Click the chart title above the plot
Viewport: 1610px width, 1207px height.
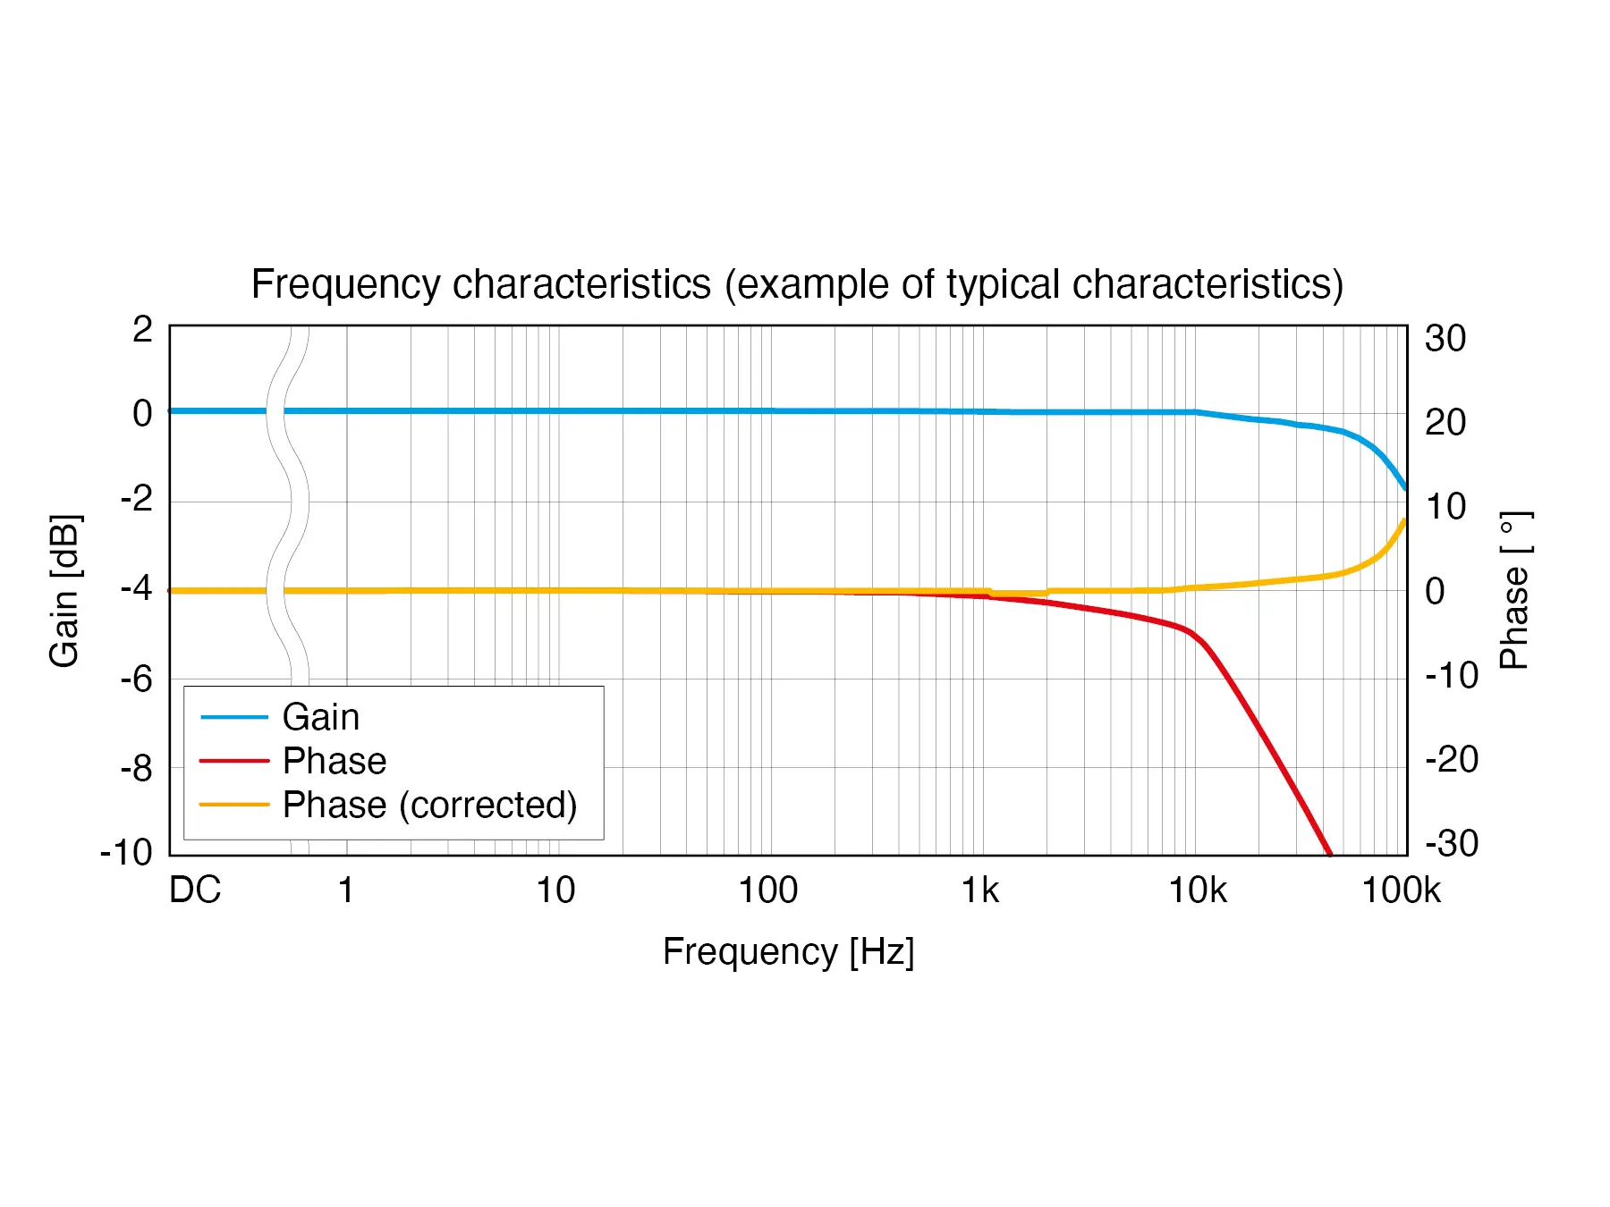(797, 284)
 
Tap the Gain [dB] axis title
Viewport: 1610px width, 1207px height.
(64, 590)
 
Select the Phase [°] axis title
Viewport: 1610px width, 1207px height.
(1515, 590)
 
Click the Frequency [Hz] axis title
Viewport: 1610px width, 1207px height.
(788, 951)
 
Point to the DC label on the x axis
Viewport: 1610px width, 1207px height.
(195, 890)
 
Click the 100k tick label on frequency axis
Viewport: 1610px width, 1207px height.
(1401, 890)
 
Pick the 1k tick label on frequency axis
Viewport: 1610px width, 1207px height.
(979, 890)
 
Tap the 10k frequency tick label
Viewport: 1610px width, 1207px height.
(1198, 890)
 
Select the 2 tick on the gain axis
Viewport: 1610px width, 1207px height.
(142, 330)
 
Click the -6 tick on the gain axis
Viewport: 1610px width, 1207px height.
(137, 679)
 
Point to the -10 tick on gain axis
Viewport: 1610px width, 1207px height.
(126, 852)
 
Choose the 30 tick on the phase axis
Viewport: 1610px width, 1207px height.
(1445, 339)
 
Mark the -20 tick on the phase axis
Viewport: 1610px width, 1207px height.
(1451, 760)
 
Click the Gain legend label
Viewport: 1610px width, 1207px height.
(321, 717)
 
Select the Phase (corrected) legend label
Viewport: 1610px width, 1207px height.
(429, 805)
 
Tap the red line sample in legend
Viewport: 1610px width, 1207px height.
(234, 761)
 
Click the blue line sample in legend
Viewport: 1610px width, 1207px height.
(234, 717)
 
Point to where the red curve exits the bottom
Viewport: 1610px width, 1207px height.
(1329, 854)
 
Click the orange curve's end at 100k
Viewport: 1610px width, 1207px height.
(1405, 520)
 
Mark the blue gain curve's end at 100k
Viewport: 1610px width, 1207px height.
(1405, 488)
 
